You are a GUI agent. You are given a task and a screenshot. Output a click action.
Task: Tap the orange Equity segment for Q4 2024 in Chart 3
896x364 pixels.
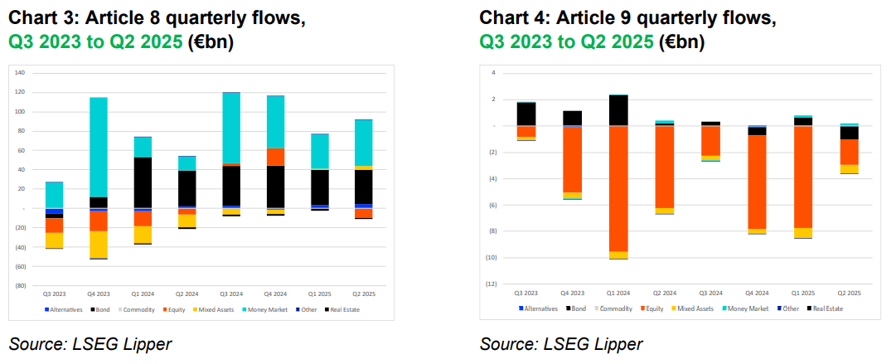click(275, 157)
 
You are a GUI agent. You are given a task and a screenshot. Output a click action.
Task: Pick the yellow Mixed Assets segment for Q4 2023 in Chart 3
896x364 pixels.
click(99, 244)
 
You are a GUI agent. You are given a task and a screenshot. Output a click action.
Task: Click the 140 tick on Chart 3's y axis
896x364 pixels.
click(21, 73)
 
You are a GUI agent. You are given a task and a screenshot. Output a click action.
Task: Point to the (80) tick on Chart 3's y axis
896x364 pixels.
click(21, 286)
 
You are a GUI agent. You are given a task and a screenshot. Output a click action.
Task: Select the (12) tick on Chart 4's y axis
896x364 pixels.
click(490, 284)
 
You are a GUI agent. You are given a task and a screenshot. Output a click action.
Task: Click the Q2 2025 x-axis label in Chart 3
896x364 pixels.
click(363, 294)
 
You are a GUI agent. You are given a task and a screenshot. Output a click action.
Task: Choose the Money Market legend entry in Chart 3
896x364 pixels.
click(263, 310)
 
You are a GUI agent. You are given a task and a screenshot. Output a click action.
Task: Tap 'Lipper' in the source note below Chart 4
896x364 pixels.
click(618, 343)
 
